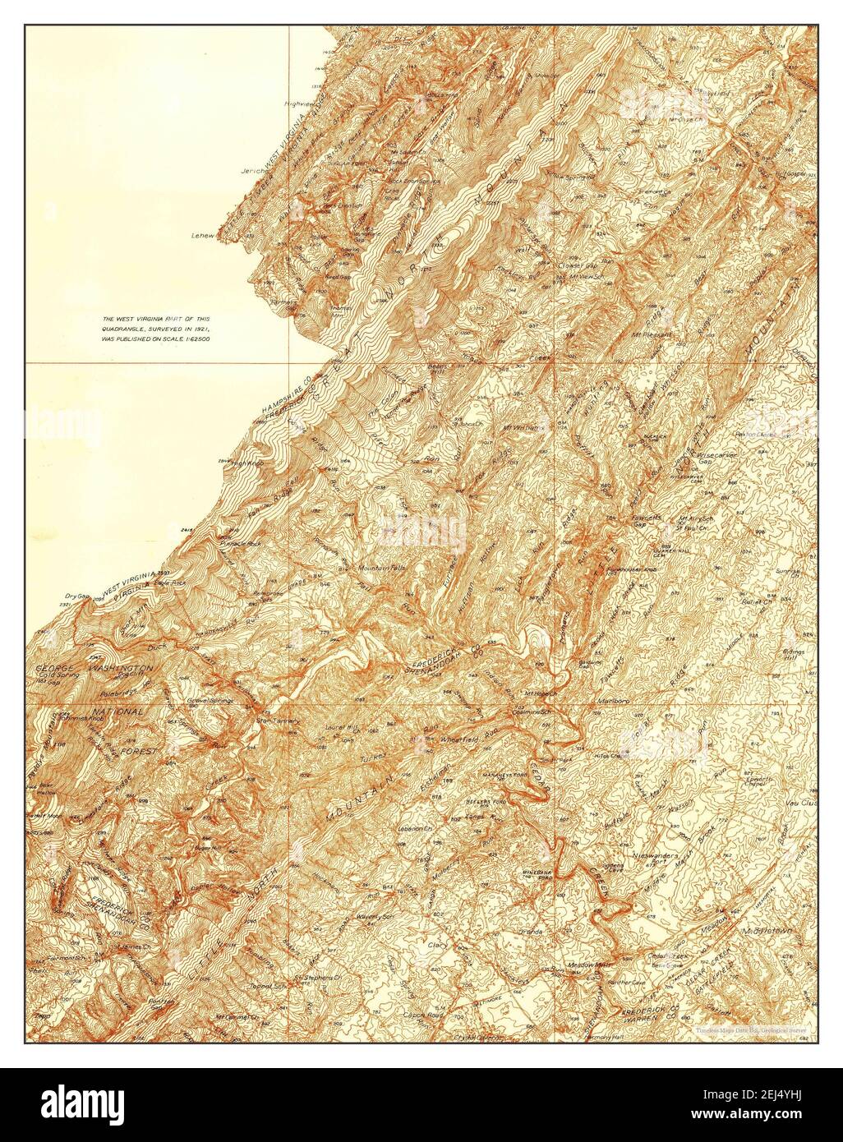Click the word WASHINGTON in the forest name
tap(122, 670)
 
